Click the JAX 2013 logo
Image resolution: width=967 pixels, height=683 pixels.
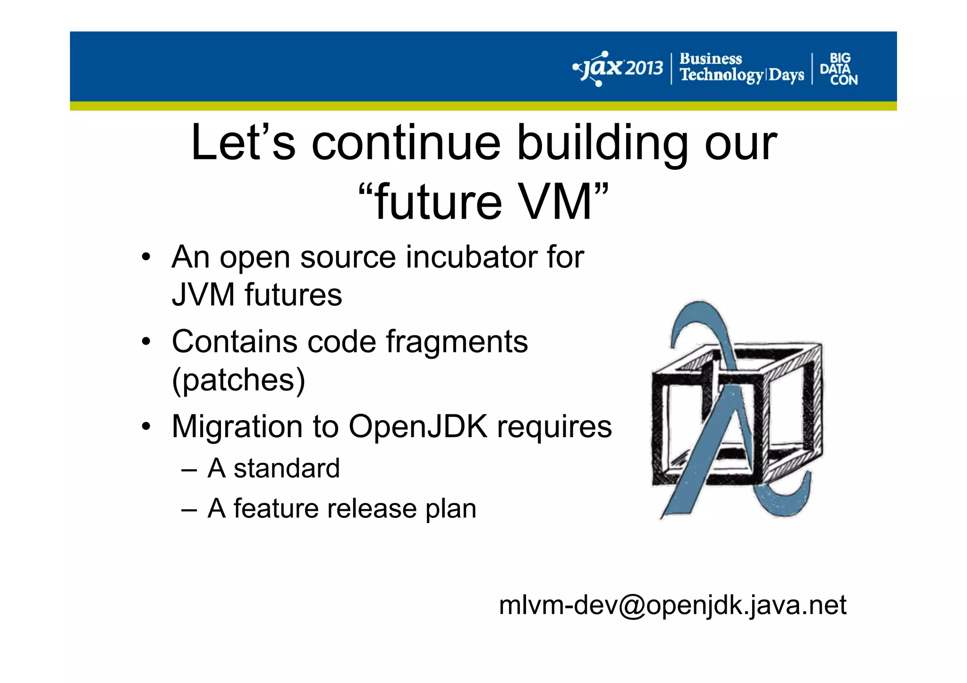click(618, 68)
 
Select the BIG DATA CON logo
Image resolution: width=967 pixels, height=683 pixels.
click(839, 69)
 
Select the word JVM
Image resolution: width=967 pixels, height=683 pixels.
click(203, 295)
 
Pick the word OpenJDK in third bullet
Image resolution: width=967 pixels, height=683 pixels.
click(417, 426)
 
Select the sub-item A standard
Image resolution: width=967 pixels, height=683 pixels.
click(273, 468)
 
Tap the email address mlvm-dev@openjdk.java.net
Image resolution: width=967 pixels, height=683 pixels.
click(672, 605)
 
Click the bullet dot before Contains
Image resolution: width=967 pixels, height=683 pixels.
click(146, 342)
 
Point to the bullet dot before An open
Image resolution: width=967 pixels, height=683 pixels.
click(146, 258)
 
